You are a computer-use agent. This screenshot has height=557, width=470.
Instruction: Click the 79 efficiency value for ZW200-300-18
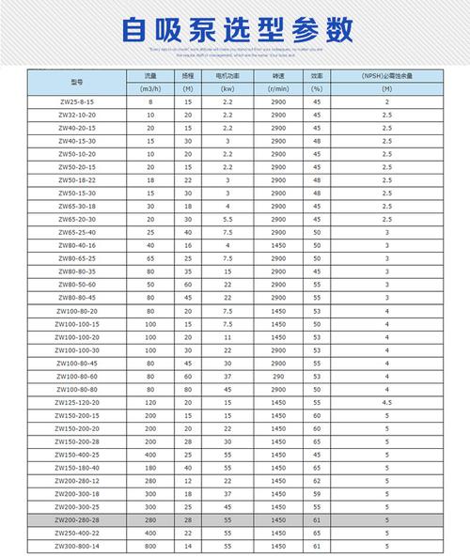pyautogui.click(x=317, y=492)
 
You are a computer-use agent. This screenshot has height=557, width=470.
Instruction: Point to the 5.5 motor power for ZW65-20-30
pyautogui.click(x=227, y=217)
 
